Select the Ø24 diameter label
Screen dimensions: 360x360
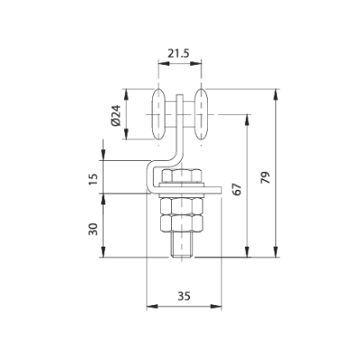point(116,116)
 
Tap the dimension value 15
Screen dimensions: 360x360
point(94,177)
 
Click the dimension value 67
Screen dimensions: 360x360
point(237,191)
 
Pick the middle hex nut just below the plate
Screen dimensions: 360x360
point(183,203)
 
